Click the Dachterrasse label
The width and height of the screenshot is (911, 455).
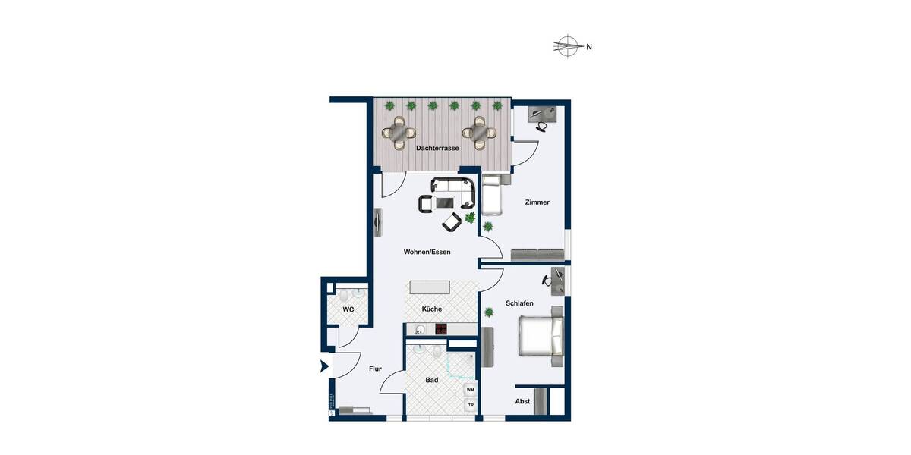click(x=437, y=149)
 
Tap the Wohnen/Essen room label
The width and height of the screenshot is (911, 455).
click(x=427, y=253)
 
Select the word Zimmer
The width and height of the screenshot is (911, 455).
click(x=537, y=202)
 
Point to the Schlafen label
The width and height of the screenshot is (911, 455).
click(x=519, y=303)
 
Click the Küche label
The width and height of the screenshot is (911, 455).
click(x=431, y=309)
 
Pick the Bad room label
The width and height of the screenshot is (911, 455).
click(x=432, y=381)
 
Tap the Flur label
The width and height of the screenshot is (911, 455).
click(x=374, y=369)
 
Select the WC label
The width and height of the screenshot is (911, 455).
click(x=348, y=309)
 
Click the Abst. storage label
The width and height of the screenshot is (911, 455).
click(x=522, y=401)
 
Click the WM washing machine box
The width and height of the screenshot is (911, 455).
click(x=470, y=390)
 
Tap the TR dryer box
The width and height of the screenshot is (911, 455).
click(x=470, y=405)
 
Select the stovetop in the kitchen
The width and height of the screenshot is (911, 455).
click(x=441, y=329)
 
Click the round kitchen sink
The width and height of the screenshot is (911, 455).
click(x=420, y=329)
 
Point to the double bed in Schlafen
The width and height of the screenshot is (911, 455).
click(x=541, y=336)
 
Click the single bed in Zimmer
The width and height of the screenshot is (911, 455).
click(x=492, y=196)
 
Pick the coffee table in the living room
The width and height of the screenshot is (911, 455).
click(x=444, y=202)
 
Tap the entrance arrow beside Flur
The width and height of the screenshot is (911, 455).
click(x=324, y=367)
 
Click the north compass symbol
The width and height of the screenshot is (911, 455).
click(x=566, y=46)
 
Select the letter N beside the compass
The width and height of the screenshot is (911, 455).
click(x=588, y=47)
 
